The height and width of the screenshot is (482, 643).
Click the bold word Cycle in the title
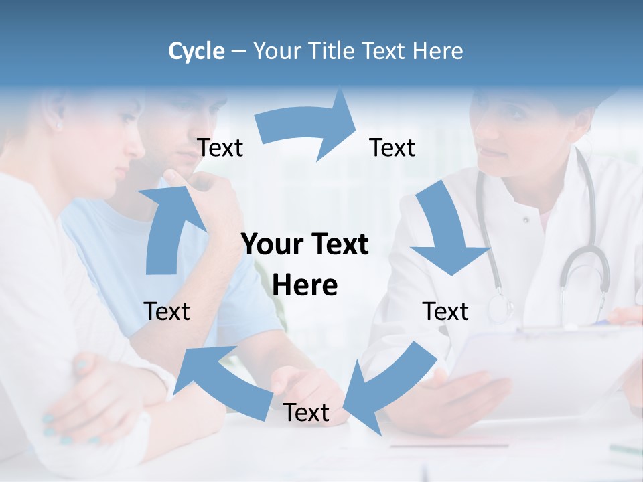tap(196, 51)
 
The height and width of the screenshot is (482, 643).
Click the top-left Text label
tap(220, 148)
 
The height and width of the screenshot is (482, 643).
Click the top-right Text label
tap(392, 148)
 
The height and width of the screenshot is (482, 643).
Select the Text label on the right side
tap(445, 311)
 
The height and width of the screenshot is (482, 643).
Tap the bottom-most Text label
tap(306, 413)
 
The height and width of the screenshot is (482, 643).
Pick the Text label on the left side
tap(167, 311)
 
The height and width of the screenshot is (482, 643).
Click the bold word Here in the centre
tap(305, 286)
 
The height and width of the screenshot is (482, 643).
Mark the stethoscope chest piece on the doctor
tap(499, 308)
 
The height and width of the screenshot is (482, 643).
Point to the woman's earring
tap(58, 125)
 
